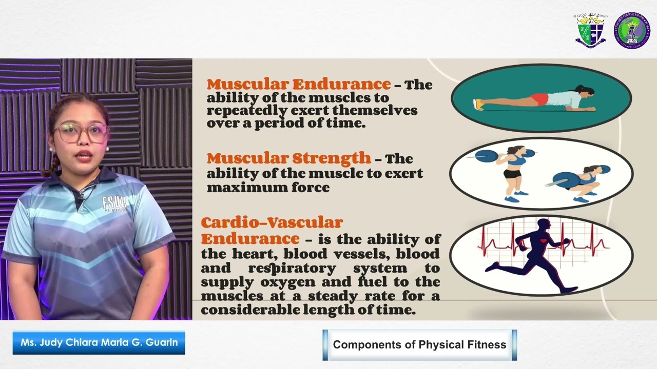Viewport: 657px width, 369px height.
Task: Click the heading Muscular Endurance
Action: [x=299, y=84]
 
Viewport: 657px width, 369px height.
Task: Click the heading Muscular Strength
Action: [x=288, y=158]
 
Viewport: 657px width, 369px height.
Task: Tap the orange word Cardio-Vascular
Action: [x=272, y=223]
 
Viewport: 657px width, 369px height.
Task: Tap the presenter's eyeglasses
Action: [x=82, y=133]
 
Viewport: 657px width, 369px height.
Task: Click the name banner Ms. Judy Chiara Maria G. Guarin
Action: [x=99, y=342]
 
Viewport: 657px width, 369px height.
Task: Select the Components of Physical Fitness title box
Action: [x=419, y=345]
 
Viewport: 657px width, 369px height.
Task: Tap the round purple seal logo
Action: [x=632, y=31]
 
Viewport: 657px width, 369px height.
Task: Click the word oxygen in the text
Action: [x=267, y=282]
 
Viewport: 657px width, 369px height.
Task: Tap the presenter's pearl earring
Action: [x=51, y=150]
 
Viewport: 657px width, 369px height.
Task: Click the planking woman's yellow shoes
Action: [x=478, y=105]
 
